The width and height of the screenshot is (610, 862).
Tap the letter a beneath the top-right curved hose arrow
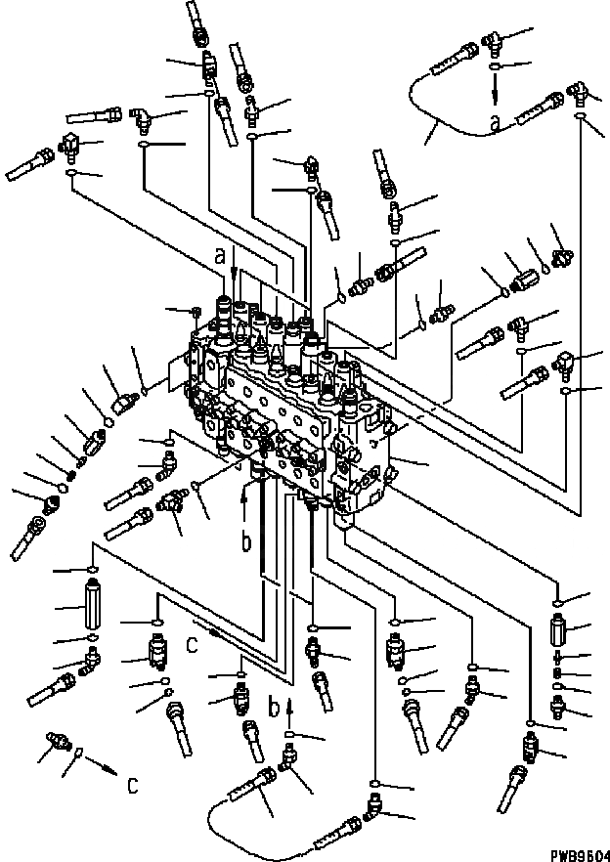497,124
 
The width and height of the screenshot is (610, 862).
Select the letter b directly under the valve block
247,541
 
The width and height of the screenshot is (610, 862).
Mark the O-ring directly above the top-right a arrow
496,66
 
